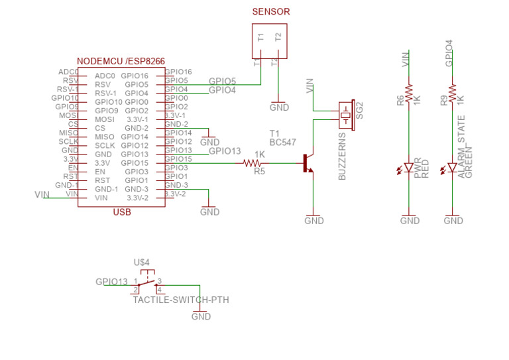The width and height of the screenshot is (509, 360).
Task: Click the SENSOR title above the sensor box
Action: click(x=271, y=12)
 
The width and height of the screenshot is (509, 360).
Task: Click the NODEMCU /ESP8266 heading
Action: click(x=121, y=61)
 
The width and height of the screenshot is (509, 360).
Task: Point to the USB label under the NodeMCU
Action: click(x=122, y=213)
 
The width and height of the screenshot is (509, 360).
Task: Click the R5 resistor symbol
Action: click(x=253, y=163)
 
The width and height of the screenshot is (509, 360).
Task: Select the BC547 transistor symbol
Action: click(x=307, y=163)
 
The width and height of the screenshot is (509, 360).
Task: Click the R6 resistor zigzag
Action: click(x=409, y=91)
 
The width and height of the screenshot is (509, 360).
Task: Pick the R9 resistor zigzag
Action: click(x=452, y=91)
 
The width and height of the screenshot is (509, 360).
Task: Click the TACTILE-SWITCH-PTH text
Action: click(x=180, y=300)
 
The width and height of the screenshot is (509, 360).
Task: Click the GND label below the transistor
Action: click(x=313, y=221)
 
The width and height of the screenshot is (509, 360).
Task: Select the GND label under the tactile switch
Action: click(x=201, y=316)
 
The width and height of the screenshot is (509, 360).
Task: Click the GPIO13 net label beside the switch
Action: click(x=111, y=282)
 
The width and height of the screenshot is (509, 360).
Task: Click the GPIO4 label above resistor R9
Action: click(x=451, y=54)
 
